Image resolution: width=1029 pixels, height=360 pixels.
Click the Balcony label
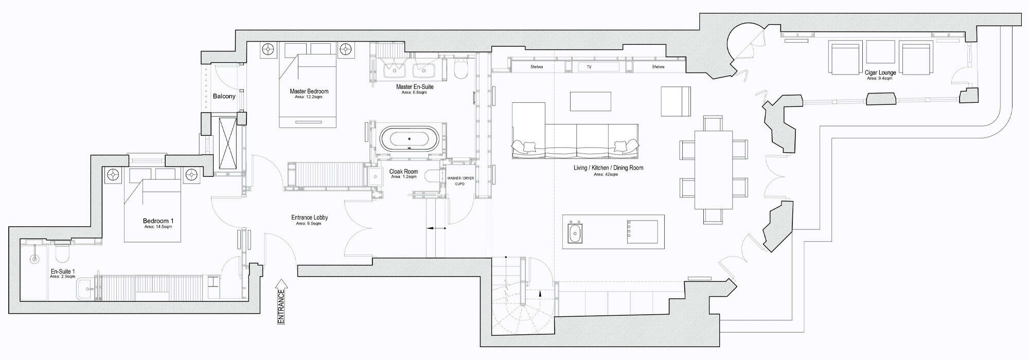224,96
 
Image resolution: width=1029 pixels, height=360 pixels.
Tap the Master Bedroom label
309,92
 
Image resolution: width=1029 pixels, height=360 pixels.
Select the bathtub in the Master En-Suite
410,139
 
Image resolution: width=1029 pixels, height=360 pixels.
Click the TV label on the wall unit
589,67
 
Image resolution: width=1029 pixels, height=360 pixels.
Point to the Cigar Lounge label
880,73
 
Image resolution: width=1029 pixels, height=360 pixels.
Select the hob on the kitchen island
642,231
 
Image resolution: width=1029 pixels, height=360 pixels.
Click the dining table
714,170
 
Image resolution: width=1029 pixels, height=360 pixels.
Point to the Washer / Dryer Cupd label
460,181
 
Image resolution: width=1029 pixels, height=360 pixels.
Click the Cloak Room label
403,172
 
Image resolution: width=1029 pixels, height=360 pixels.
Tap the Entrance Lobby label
309,218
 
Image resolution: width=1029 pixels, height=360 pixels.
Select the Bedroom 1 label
158,221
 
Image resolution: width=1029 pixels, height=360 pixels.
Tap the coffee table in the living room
590,101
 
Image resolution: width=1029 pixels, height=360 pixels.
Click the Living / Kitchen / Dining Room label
608,168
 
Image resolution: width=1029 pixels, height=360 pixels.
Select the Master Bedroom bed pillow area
308,49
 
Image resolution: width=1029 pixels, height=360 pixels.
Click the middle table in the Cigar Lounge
880,51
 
